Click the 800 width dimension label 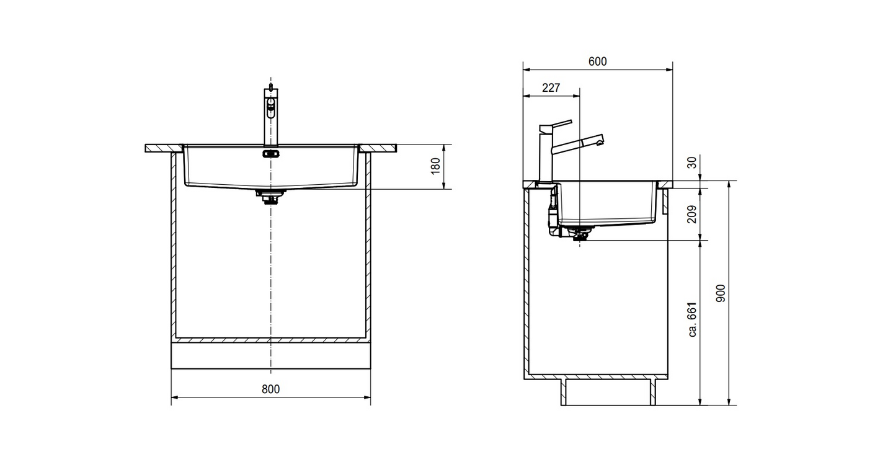tap(270, 389)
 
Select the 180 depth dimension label tap(436, 166)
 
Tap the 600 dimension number tap(598, 61)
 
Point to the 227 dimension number tap(551, 87)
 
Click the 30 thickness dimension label tap(692, 162)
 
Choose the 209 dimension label tap(692, 214)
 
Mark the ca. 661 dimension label tap(693, 319)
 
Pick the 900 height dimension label tap(721, 293)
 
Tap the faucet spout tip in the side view tap(600, 140)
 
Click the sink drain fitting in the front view tap(270, 197)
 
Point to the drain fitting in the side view tap(580, 234)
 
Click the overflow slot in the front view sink tap(270, 153)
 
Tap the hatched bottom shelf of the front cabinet tap(270, 340)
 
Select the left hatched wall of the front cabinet tap(174, 247)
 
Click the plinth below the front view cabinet tap(270, 355)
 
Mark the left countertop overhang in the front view tap(164, 148)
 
